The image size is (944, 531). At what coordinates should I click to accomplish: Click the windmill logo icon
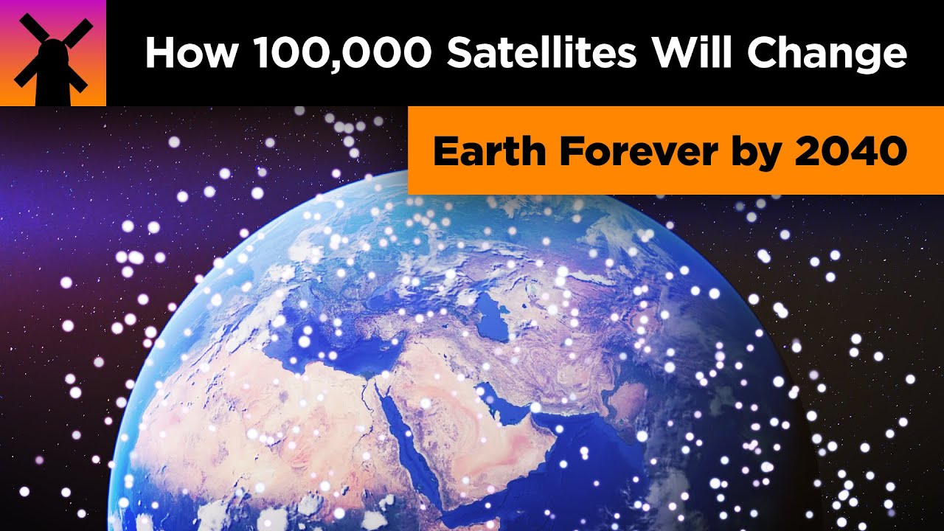coord(53,53)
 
